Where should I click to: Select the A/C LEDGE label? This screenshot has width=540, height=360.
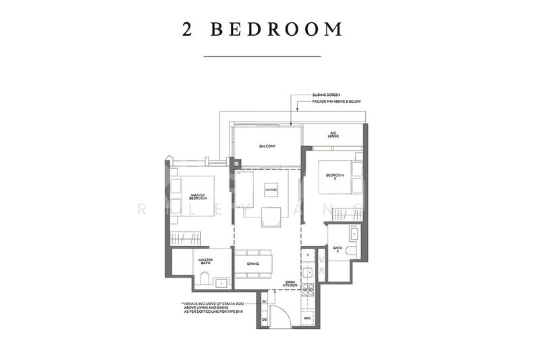point(333,135)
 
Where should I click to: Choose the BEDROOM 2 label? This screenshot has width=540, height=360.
point(335,176)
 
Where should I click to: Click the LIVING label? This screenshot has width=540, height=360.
point(271,191)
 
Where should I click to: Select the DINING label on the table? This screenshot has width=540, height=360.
point(253,264)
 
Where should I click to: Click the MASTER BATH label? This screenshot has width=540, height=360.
point(205,261)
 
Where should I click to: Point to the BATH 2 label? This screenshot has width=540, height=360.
point(337,250)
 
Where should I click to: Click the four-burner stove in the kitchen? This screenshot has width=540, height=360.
point(308,290)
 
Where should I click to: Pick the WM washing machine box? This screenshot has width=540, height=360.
point(306,317)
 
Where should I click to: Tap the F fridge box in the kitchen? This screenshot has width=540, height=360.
point(308,255)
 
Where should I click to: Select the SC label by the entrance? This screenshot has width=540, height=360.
point(265,301)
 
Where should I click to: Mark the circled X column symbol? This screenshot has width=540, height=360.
point(236,163)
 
